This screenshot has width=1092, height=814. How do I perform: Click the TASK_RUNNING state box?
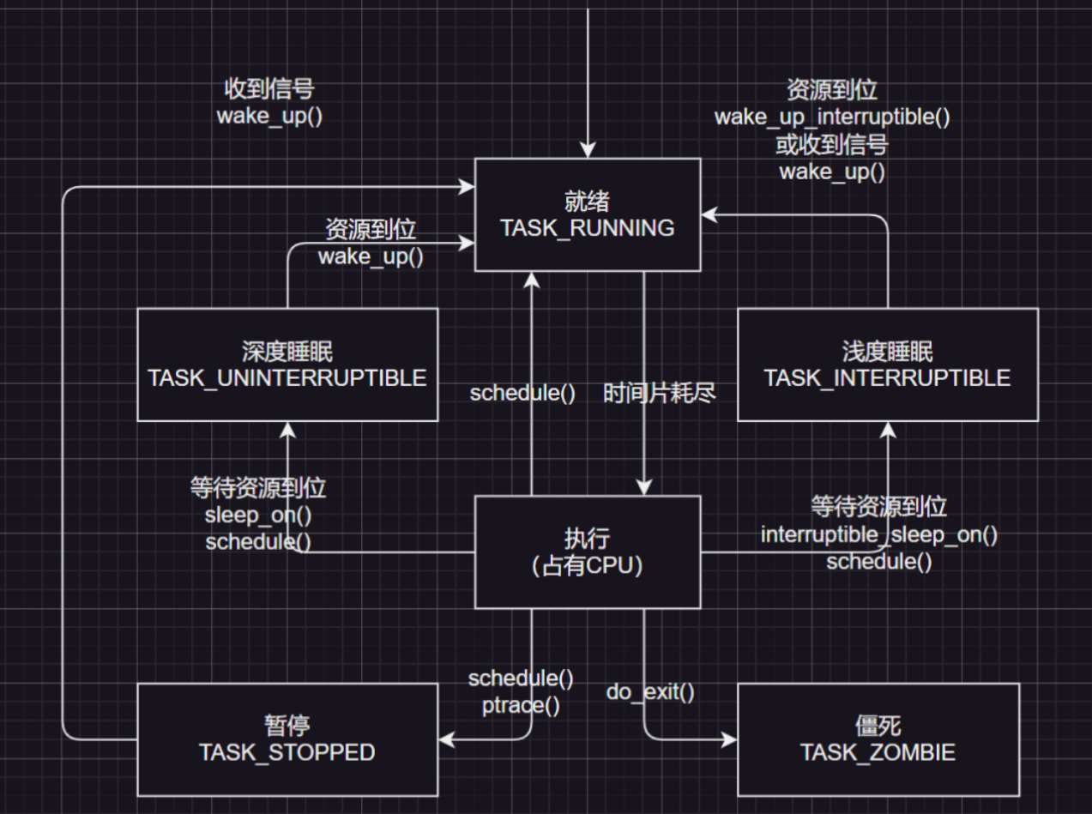pyautogui.click(x=588, y=214)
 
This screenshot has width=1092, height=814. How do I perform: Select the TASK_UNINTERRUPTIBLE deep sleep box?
pyautogui.click(x=287, y=365)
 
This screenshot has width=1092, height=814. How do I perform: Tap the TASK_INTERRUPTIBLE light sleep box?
pyautogui.click(x=887, y=365)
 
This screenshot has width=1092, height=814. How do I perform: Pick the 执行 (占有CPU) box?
pyautogui.click(x=588, y=552)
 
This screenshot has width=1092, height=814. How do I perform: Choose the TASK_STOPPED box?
pyautogui.click(x=287, y=739)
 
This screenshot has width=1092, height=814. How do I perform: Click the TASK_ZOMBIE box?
pyautogui.click(x=878, y=739)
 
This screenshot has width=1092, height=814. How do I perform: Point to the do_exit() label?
pyautogui.click(x=650, y=691)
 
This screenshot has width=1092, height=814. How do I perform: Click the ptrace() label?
pyautogui.click(x=522, y=706)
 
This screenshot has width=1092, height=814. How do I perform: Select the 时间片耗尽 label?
pyautogui.click(x=659, y=394)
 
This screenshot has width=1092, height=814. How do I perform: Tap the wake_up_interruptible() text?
pyautogui.click(x=832, y=117)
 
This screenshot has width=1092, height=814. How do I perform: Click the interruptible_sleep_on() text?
pyautogui.click(x=879, y=535)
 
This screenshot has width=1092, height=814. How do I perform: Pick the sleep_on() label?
pyautogui.click(x=257, y=516)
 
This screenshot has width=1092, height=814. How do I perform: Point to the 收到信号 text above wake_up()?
pyautogui.click(x=269, y=89)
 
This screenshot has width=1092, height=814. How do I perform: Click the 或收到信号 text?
pyautogui.click(x=832, y=144)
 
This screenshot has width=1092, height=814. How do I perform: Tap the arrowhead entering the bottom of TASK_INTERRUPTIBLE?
pyautogui.click(x=888, y=430)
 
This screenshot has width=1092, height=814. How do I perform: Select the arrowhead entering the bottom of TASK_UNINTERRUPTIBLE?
pyautogui.click(x=287, y=430)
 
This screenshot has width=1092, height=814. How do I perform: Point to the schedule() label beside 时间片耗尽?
pyautogui.click(x=522, y=394)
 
